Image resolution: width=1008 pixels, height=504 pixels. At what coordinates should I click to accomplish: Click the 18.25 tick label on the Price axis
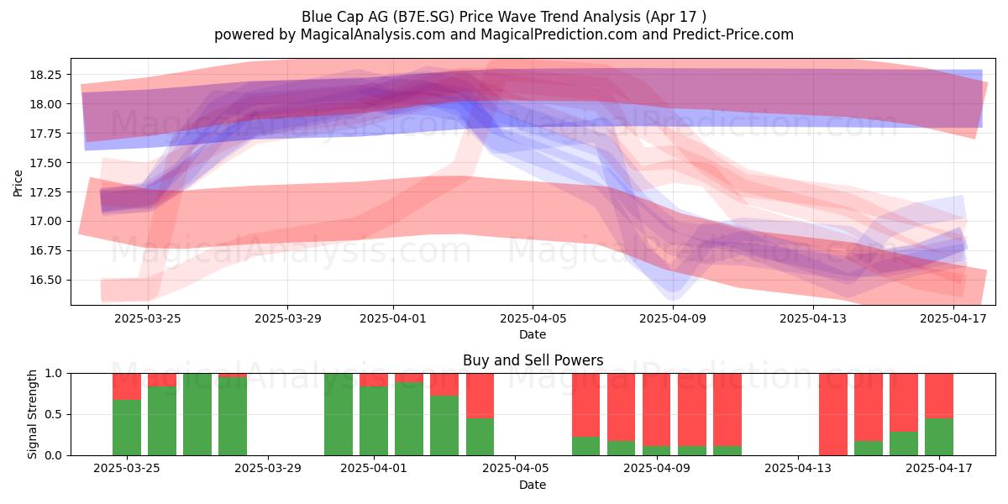(45, 75)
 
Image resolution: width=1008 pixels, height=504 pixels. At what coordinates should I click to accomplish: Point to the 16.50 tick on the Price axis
(45, 280)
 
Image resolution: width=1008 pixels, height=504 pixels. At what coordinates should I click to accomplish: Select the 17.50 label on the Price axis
(45, 163)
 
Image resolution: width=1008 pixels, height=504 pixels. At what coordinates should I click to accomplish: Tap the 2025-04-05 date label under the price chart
(533, 318)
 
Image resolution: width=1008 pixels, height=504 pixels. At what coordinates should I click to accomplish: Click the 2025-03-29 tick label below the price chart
(287, 318)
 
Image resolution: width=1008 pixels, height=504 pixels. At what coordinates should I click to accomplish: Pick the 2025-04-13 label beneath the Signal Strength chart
(798, 469)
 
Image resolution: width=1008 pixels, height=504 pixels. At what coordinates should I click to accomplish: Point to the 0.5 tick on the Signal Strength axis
(54, 414)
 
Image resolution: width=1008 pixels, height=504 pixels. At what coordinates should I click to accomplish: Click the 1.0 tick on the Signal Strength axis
(54, 374)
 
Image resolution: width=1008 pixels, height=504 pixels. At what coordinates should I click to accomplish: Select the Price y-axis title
(18, 183)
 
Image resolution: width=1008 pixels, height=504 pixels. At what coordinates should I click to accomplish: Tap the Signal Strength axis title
(32, 414)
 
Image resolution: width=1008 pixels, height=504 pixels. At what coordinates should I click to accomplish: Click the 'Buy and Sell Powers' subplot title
(533, 360)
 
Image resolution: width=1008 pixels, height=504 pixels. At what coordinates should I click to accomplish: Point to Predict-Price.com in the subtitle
(733, 34)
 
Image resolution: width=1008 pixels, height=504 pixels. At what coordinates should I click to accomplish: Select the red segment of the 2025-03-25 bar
(127, 386)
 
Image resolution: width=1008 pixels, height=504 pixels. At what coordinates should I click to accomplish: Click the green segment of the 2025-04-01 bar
(374, 421)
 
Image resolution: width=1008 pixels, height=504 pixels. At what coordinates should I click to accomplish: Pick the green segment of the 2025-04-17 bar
(939, 437)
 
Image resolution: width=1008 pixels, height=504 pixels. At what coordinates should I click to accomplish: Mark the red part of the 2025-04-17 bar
(939, 396)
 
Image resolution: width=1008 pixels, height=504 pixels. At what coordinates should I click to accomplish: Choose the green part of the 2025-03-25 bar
(127, 428)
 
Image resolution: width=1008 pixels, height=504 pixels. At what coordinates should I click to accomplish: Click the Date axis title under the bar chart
(533, 486)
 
